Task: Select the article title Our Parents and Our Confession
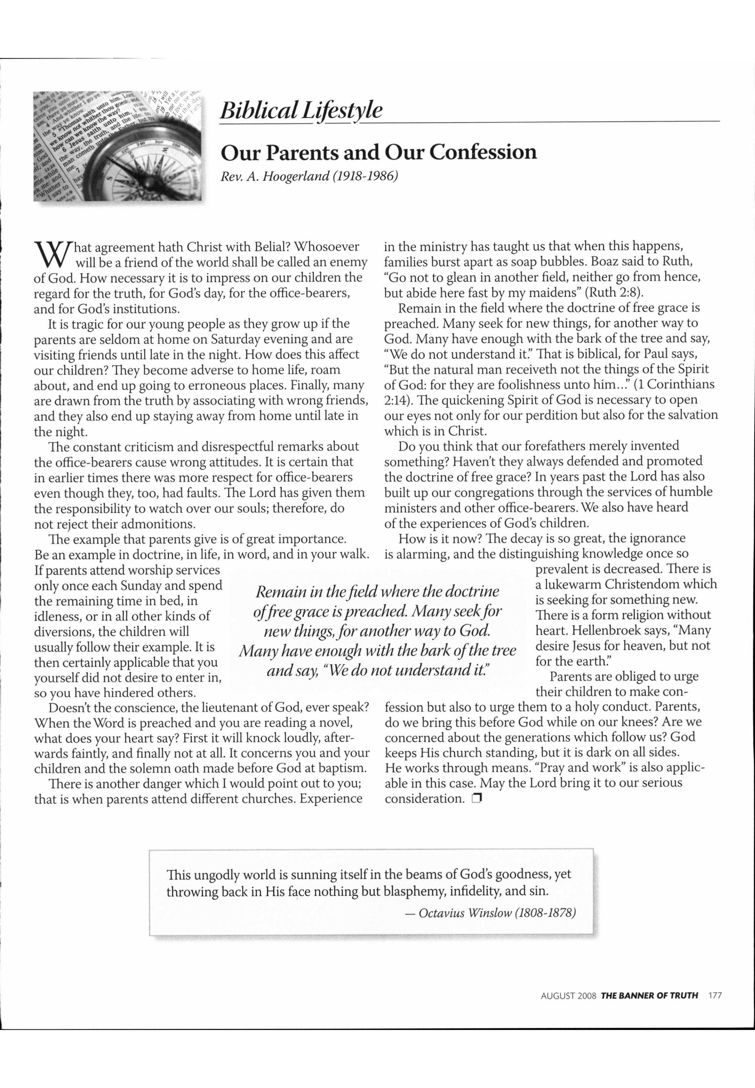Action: tap(379, 152)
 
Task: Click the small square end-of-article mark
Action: tap(476, 799)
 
